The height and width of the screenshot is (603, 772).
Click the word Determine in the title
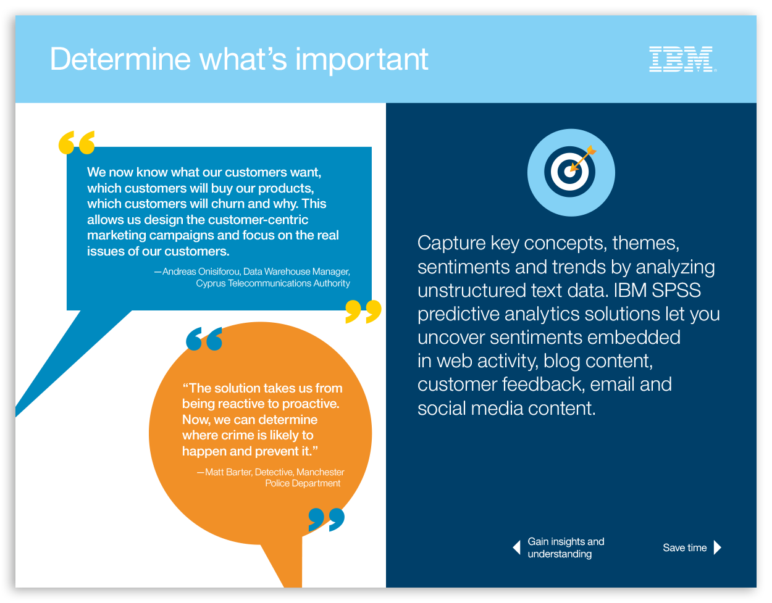tap(120, 59)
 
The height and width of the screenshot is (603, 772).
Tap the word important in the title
tap(362, 61)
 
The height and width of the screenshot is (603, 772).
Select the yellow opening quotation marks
tap(77, 143)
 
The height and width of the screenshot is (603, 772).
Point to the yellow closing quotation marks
tap(363, 312)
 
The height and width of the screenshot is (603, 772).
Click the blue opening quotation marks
tap(204, 339)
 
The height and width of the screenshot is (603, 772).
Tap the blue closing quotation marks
tap(327, 520)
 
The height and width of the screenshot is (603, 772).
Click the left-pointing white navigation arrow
tap(516, 547)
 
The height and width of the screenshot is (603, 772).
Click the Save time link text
tap(684, 547)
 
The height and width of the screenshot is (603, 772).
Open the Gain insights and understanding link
tap(566, 547)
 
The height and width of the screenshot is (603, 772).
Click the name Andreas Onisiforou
tap(201, 272)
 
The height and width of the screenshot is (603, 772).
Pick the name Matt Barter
tap(229, 472)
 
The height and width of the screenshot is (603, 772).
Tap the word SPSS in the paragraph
tap(676, 290)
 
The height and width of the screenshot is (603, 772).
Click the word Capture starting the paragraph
tap(451, 244)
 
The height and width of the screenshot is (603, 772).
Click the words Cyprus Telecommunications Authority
tap(273, 283)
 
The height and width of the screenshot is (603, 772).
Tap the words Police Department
tap(303, 483)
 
